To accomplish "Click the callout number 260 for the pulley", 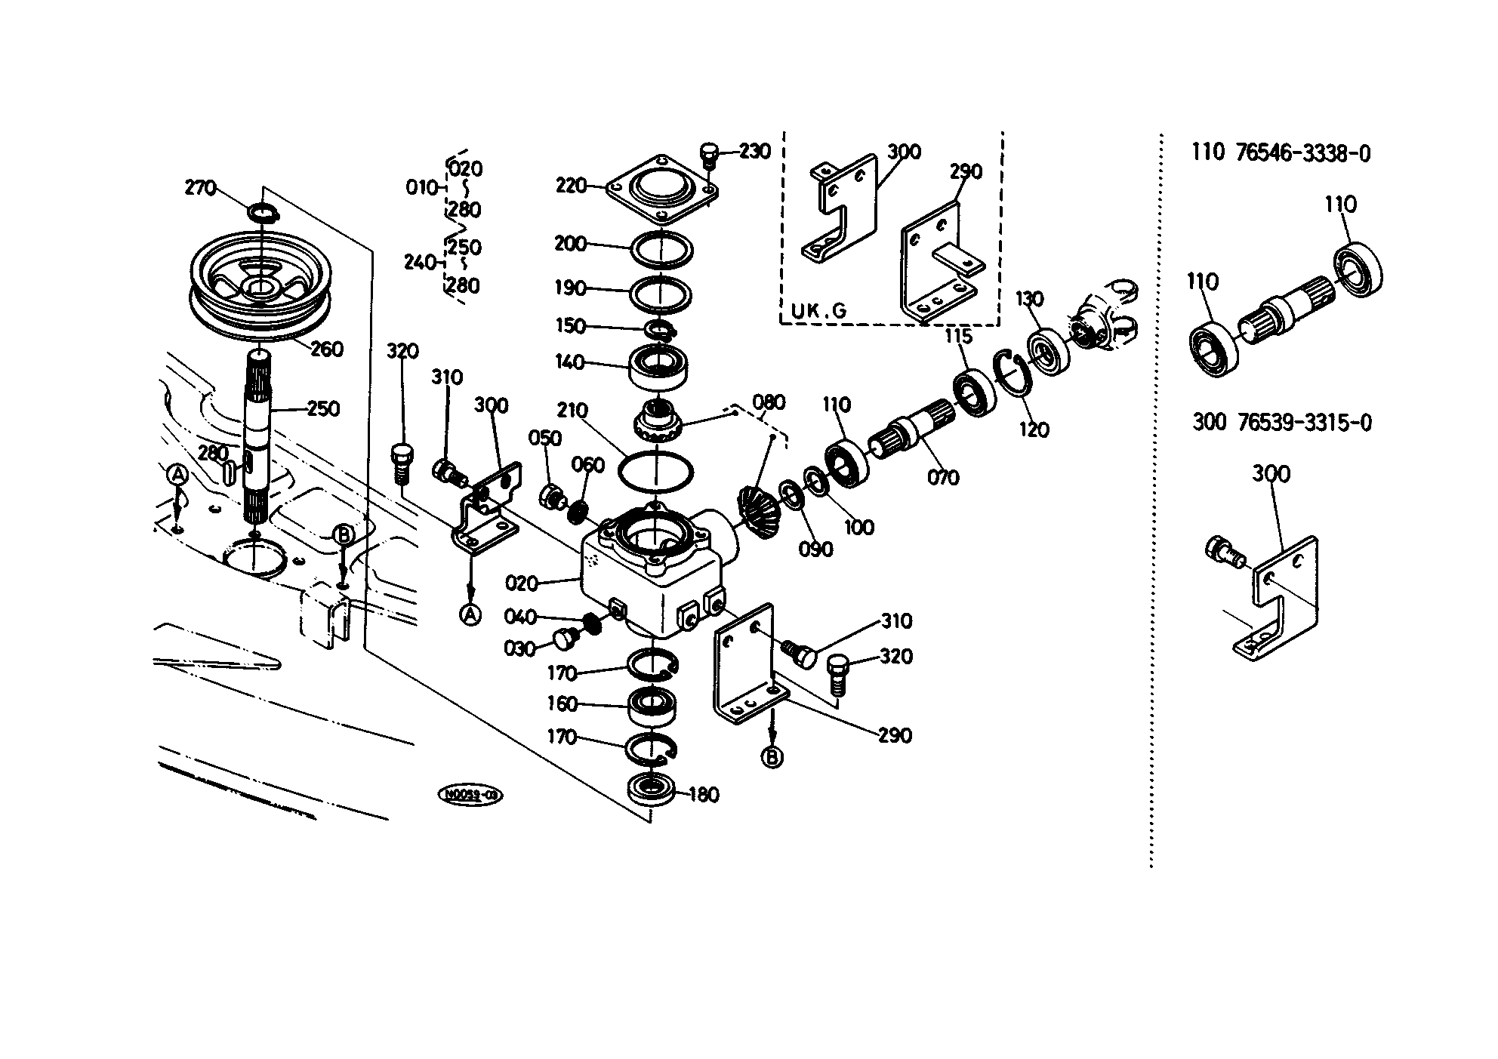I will pos(327,349).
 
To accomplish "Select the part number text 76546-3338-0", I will pos(1303,153).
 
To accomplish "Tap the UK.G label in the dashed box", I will pos(818,309).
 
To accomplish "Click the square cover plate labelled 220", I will pos(661,189).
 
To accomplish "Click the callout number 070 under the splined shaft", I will pos(943,477).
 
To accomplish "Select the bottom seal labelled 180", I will pos(651,790).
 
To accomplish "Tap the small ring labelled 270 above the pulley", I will pos(263,214).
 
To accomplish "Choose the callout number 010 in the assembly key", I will pos(421,186).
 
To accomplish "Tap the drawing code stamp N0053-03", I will pos(470,795).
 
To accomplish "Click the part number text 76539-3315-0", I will pos(1304,423).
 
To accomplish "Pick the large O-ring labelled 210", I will pos(655,473).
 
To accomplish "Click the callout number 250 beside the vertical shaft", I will pos(323,409).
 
